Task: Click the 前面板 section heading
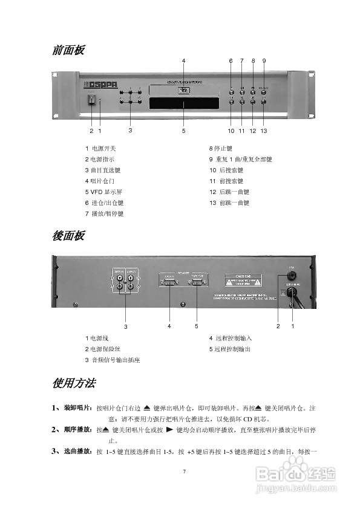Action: pos(68,50)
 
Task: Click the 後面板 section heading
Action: pos(68,236)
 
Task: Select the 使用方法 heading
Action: pos(73,383)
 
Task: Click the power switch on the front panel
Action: pos(92,102)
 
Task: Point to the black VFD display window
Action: pos(183,103)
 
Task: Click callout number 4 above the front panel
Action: pos(183,60)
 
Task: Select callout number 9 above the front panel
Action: pos(264,60)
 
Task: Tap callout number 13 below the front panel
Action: pos(264,130)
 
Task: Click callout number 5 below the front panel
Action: pos(183,130)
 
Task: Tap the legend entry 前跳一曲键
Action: pos(232,203)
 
